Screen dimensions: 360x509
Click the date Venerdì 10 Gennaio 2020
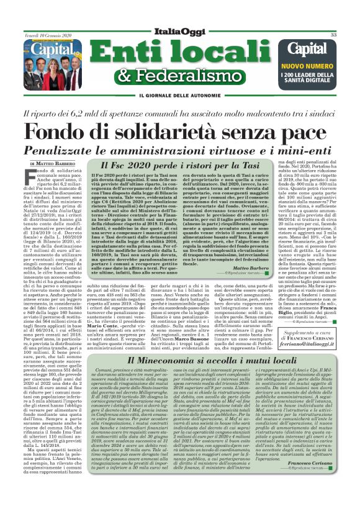point(47,35)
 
